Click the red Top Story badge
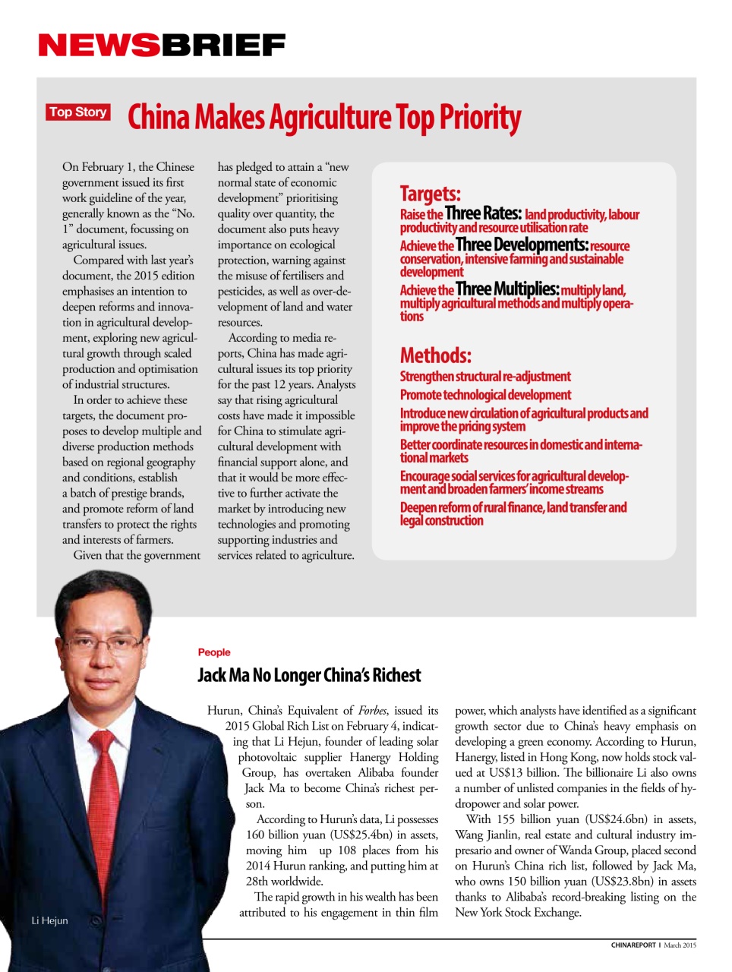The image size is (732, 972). pos(78,112)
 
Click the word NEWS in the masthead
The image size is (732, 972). pos(99,46)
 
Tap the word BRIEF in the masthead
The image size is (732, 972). pos(223,46)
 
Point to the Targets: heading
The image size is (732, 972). pos(430,194)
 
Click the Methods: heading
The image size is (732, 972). pos(436,355)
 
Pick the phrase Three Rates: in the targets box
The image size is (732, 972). pos(483,213)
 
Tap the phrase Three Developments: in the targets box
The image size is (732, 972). pos(522,245)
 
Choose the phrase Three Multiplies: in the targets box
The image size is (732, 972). pos(507,289)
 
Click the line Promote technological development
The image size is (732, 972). pos(485,395)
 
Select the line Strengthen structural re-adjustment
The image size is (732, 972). pos(485,377)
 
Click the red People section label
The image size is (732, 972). pos(213,652)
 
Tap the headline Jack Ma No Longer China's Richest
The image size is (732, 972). pos(309,675)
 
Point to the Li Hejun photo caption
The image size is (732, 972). pos(49,920)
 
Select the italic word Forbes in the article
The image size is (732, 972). pos(372,711)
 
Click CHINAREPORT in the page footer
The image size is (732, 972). pos(633,945)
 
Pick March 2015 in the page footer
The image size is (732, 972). pos(680,945)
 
